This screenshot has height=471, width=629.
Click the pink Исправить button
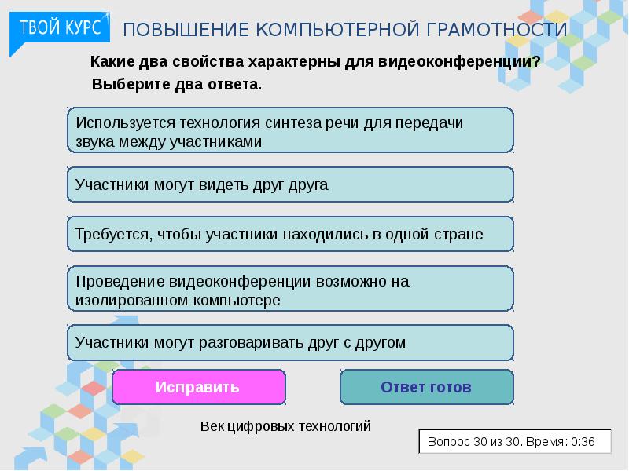198,387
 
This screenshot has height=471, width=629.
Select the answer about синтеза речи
289,131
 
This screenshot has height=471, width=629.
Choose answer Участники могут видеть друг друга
289,185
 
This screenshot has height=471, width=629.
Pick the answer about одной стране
289,234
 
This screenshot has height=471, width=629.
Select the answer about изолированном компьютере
289,290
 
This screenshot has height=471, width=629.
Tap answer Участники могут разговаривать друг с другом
289,342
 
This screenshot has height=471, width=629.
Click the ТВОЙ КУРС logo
60,28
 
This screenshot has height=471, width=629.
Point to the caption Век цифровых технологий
285,426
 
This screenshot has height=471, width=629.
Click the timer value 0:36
583,442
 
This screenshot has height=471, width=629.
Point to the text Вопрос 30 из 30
475,442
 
